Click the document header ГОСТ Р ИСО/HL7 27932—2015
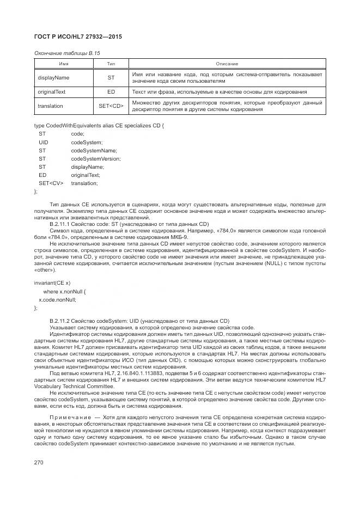(x=77, y=36)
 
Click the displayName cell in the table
(x=53, y=77)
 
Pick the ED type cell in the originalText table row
(x=111, y=92)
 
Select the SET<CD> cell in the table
(x=111, y=106)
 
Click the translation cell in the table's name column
(x=51, y=106)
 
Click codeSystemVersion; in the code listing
(x=96, y=158)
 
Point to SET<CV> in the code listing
(x=51, y=183)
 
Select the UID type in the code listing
(x=44, y=142)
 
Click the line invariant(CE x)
(x=52, y=283)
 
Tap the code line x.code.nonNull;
(x=57, y=299)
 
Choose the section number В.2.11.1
(x=61, y=224)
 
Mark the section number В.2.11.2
(x=61, y=321)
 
